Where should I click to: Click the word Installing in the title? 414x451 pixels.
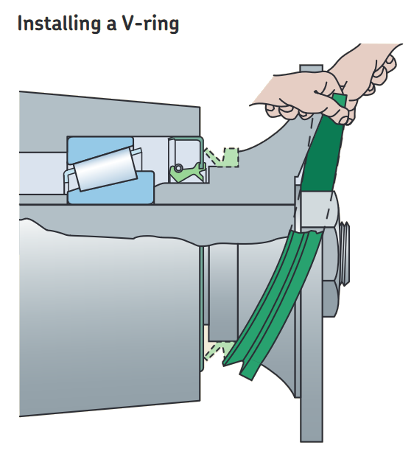(59, 24)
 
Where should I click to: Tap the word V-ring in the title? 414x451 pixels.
(150, 24)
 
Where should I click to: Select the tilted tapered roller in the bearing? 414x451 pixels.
(105, 169)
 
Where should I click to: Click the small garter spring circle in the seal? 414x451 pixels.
(178, 168)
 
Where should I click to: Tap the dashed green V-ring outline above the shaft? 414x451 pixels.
(222, 158)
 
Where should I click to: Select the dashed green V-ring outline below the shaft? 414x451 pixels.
(216, 350)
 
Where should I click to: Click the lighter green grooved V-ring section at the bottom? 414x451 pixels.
(273, 305)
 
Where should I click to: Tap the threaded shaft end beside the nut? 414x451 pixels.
(345, 254)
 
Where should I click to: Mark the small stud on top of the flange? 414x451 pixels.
(311, 69)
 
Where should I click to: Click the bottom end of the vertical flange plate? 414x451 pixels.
(312, 441)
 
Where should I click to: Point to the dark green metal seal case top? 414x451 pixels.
(186, 139)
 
